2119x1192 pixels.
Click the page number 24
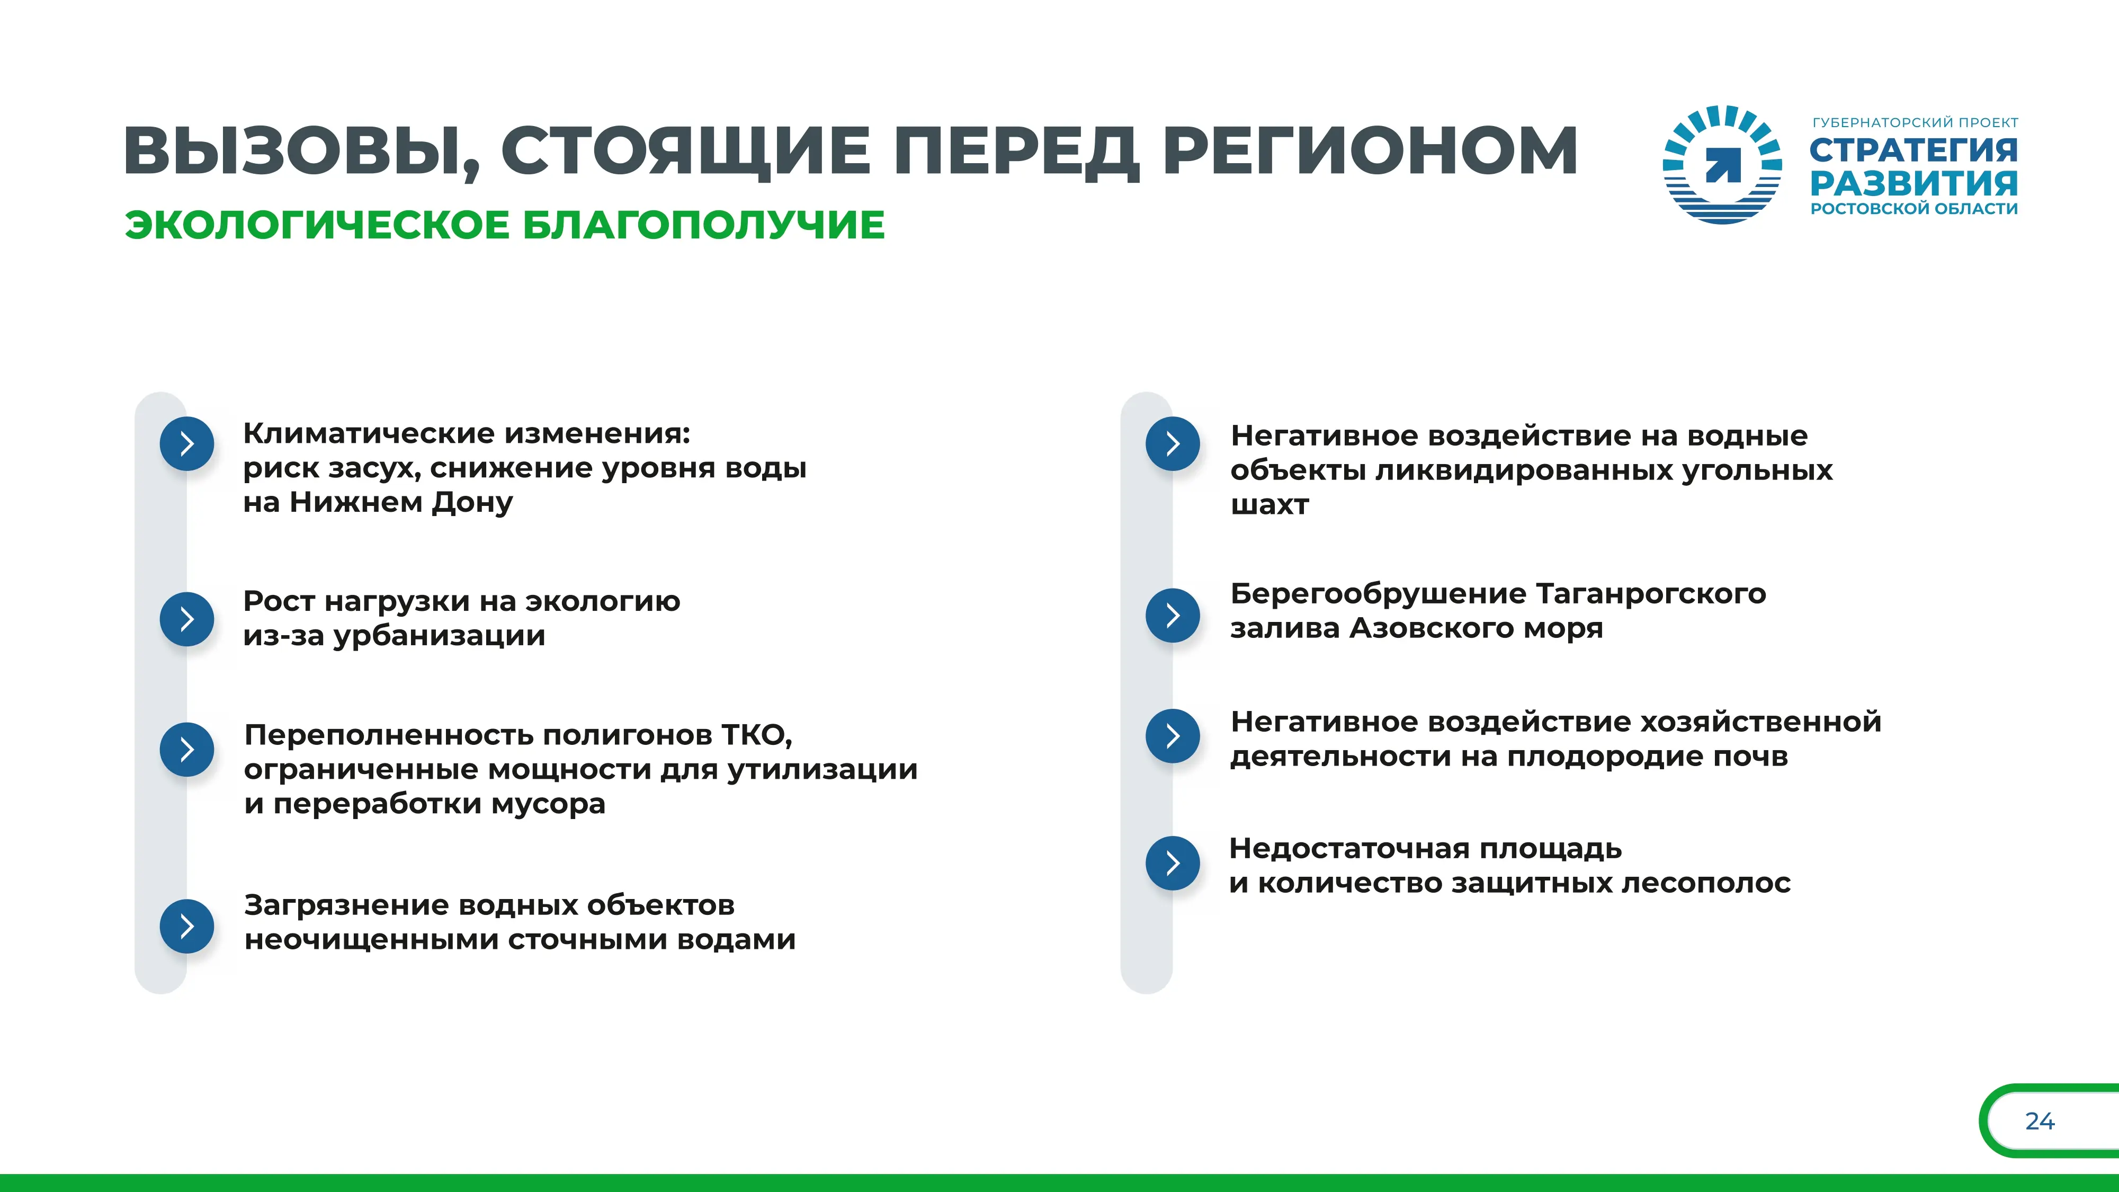pos(2040,1121)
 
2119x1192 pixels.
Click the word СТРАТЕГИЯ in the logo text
pos(1914,150)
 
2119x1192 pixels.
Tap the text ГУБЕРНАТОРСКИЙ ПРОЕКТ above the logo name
pos(1915,122)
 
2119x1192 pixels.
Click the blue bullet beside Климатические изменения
pos(187,444)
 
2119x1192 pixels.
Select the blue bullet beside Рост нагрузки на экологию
pos(187,619)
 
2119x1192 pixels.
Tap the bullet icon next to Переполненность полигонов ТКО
pos(187,750)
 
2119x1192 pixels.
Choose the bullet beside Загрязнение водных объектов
pos(187,926)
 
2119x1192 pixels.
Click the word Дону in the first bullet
pos(472,503)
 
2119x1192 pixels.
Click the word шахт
pos(1269,505)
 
